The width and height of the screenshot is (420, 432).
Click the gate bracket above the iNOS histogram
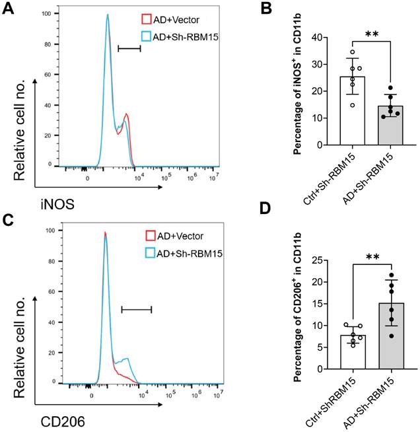(x=129, y=48)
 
